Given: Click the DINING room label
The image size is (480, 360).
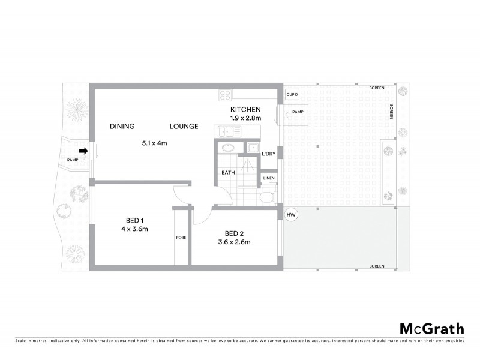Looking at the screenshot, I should tap(122, 126).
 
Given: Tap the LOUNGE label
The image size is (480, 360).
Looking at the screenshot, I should tap(182, 126).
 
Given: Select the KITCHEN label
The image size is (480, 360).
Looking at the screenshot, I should tap(245, 110).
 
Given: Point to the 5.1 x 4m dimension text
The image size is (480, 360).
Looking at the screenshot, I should tap(154, 143).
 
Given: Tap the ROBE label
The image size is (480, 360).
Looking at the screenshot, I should tap(181, 238).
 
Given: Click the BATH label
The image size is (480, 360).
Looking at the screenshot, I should tap(228, 173).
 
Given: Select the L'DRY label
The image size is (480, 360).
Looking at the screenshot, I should tap(269, 154).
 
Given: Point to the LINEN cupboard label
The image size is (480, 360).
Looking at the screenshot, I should tap(268, 178).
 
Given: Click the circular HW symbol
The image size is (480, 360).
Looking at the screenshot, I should tap(292, 215).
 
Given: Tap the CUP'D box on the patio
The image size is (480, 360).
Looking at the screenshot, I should tap(293, 95).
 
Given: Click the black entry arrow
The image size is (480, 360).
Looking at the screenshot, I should tap(85, 151).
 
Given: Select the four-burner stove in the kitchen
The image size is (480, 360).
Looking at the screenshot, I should tap(225, 95).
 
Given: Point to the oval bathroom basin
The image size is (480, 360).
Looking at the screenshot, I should tap(228, 148).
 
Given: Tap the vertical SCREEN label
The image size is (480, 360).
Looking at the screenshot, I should tap(391, 113).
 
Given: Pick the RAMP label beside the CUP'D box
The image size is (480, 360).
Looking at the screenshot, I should tap(298, 112).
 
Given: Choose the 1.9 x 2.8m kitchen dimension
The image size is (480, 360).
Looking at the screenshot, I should tap(245, 119).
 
